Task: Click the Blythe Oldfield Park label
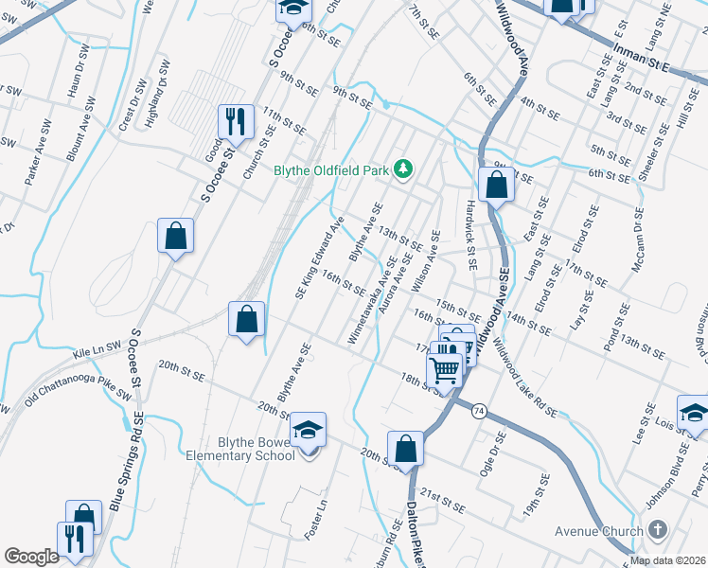332,170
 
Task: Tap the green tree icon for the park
404,169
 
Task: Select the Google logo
31,557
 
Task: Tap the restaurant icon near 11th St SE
236,121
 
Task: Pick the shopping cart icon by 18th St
445,364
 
